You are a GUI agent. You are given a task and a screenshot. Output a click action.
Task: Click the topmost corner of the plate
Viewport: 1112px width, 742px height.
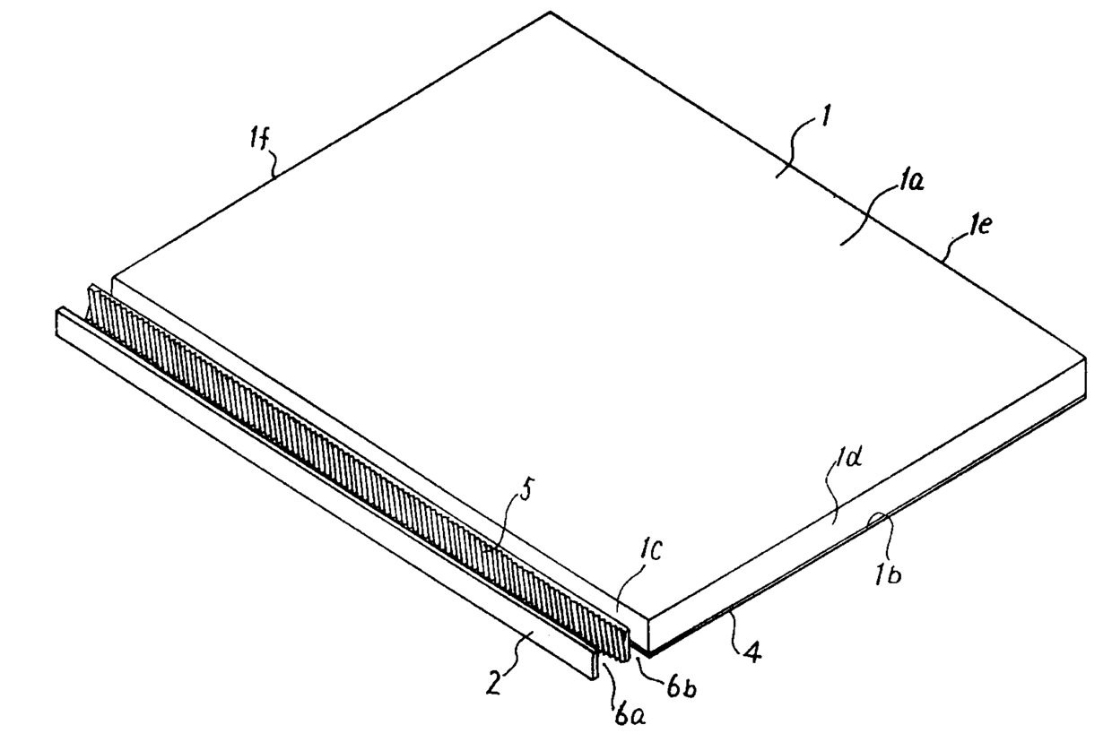tap(550, 12)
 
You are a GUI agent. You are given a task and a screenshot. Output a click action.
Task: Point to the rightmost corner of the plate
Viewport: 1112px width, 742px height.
tap(1085, 360)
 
